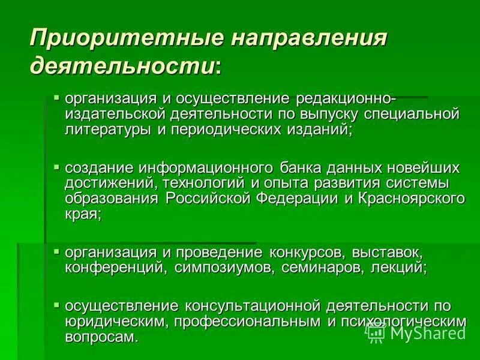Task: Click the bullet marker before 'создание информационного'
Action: [56, 165]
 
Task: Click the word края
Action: [83, 214]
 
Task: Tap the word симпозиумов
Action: [221, 268]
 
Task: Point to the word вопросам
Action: [101, 337]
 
